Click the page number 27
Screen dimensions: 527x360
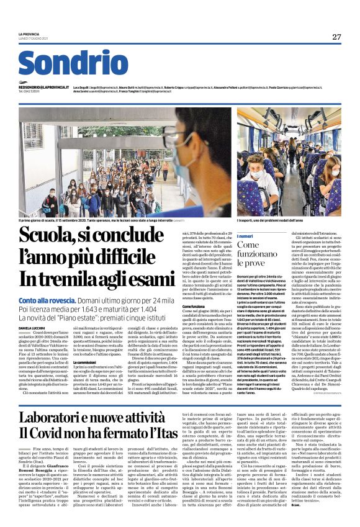pyautogui.click(x=336, y=37)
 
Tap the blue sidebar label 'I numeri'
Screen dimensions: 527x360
pyautogui.click(x=245, y=236)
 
